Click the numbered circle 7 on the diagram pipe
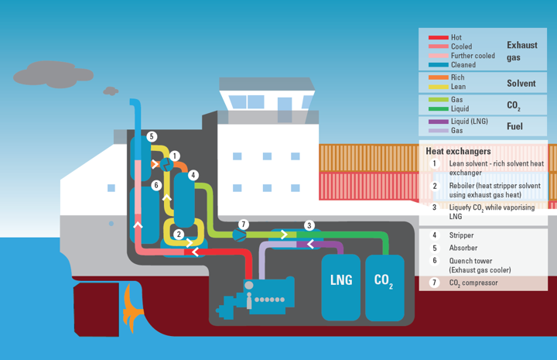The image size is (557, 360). pyautogui.click(x=244, y=224)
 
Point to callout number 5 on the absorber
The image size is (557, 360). pyautogui.click(x=152, y=136)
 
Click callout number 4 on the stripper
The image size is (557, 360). pyautogui.click(x=193, y=176)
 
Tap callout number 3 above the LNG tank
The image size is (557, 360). pyautogui.click(x=309, y=225)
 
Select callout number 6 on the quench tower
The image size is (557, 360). pyautogui.click(x=156, y=185)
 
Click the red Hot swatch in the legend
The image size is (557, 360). pyautogui.click(x=437, y=37)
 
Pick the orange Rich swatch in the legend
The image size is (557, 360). pyautogui.click(x=437, y=77)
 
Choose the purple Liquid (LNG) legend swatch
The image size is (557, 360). pyautogui.click(x=437, y=122)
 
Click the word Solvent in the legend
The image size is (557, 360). pyautogui.click(x=521, y=83)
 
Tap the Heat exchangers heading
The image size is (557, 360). pyautogui.click(x=457, y=151)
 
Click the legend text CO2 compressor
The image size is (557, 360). pyautogui.click(x=473, y=283)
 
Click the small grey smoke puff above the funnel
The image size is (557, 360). pyautogui.click(x=111, y=91)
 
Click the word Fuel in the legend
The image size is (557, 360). pyautogui.click(x=516, y=126)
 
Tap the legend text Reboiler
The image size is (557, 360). pyautogui.click(x=464, y=185)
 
